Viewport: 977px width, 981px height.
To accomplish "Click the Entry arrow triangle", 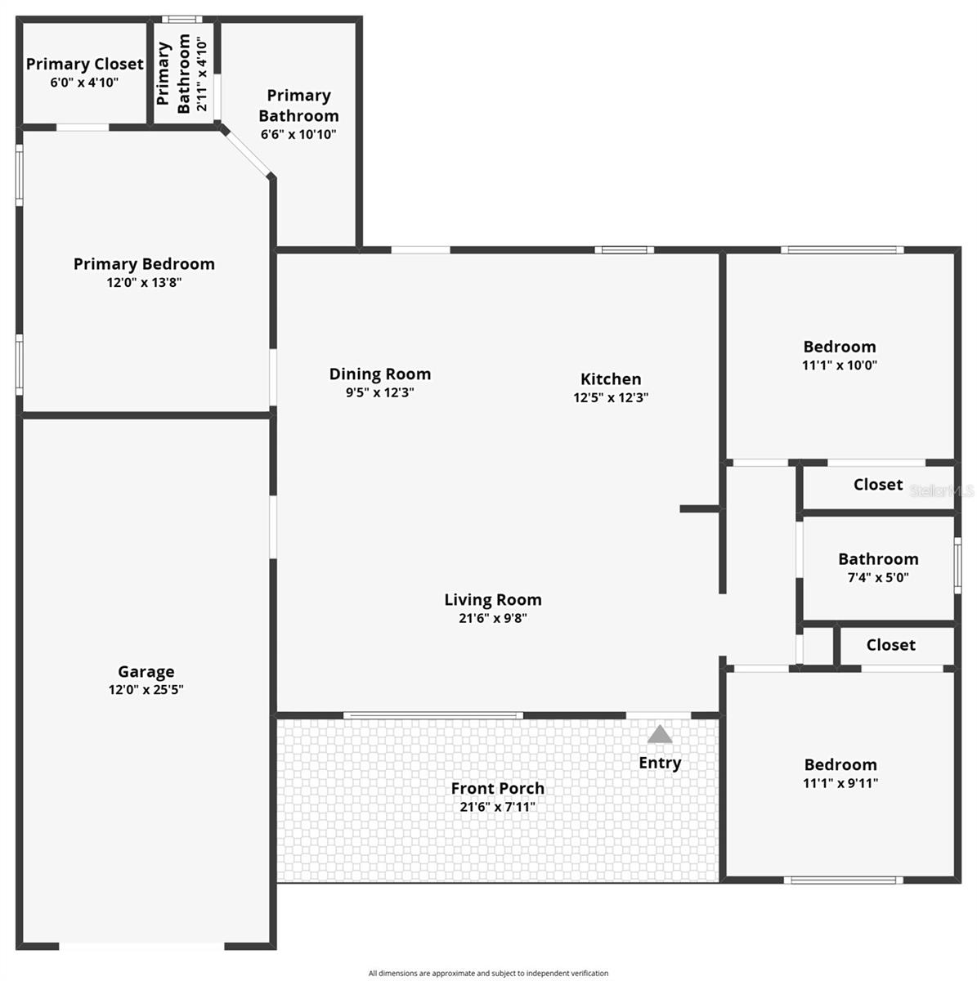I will click(660, 734).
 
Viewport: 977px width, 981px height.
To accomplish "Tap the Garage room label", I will click(146, 671).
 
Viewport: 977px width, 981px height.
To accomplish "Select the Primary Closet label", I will click(84, 64).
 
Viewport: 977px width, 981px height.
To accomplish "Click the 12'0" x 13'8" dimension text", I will click(144, 283).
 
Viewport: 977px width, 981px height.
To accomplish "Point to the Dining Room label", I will click(379, 374).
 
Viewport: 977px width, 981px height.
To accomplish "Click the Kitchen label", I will click(611, 379).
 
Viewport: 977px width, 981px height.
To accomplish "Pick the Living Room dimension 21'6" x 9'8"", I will click(492, 619).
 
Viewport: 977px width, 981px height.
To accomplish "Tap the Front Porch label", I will click(497, 788).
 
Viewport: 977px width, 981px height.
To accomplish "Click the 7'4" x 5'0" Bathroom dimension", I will click(878, 578).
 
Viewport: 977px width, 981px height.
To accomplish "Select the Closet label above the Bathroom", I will click(877, 485).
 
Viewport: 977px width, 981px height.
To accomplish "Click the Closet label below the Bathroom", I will click(890, 645).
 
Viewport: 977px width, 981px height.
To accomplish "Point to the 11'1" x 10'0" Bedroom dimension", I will click(839, 365).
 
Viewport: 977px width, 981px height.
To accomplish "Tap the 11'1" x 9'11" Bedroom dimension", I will click(840, 783).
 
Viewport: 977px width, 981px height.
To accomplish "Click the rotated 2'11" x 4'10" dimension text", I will click(202, 74).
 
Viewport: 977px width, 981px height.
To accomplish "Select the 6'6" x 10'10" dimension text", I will click(298, 135).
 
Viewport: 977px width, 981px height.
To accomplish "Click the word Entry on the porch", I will click(660, 763).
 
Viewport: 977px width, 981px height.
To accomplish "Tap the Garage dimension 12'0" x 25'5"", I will click(146, 690).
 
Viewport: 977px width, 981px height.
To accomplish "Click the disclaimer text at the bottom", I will click(488, 973).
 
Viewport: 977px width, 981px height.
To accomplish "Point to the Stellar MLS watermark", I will click(942, 491).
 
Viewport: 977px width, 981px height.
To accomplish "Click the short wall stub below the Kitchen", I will click(700, 509).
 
